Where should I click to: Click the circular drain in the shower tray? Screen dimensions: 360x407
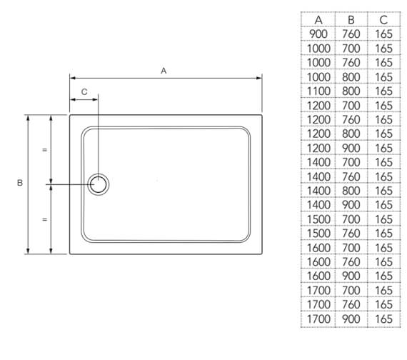[99, 184]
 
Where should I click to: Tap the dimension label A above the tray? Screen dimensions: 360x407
[164, 71]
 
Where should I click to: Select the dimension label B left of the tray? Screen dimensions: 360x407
[19, 184]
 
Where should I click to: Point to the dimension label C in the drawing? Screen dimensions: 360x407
[84, 92]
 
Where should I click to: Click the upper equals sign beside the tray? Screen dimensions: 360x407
[44, 150]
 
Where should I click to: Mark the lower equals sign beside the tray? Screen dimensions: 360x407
[44, 219]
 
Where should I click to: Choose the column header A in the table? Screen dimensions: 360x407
[318, 20]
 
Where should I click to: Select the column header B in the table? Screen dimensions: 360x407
[351, 20]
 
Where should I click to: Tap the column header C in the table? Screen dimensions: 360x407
[383, 20]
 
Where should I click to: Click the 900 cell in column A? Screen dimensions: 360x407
[318, 34]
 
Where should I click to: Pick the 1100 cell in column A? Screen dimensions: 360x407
[318, 91]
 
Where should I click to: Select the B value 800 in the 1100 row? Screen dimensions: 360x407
[351, 91]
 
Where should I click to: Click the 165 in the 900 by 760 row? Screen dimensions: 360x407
[383, 34]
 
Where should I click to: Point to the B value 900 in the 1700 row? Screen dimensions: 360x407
[351, 319]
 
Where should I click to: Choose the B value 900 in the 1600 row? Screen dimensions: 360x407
[351, 276]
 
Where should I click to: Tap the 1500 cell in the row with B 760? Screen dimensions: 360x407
[318, 234]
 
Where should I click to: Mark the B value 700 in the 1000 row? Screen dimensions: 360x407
[351, 49]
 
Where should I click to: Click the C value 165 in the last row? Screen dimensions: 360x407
[383, 319]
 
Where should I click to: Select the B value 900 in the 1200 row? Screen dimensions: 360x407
[351, 148]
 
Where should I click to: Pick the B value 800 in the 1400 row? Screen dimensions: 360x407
[351, 191]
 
